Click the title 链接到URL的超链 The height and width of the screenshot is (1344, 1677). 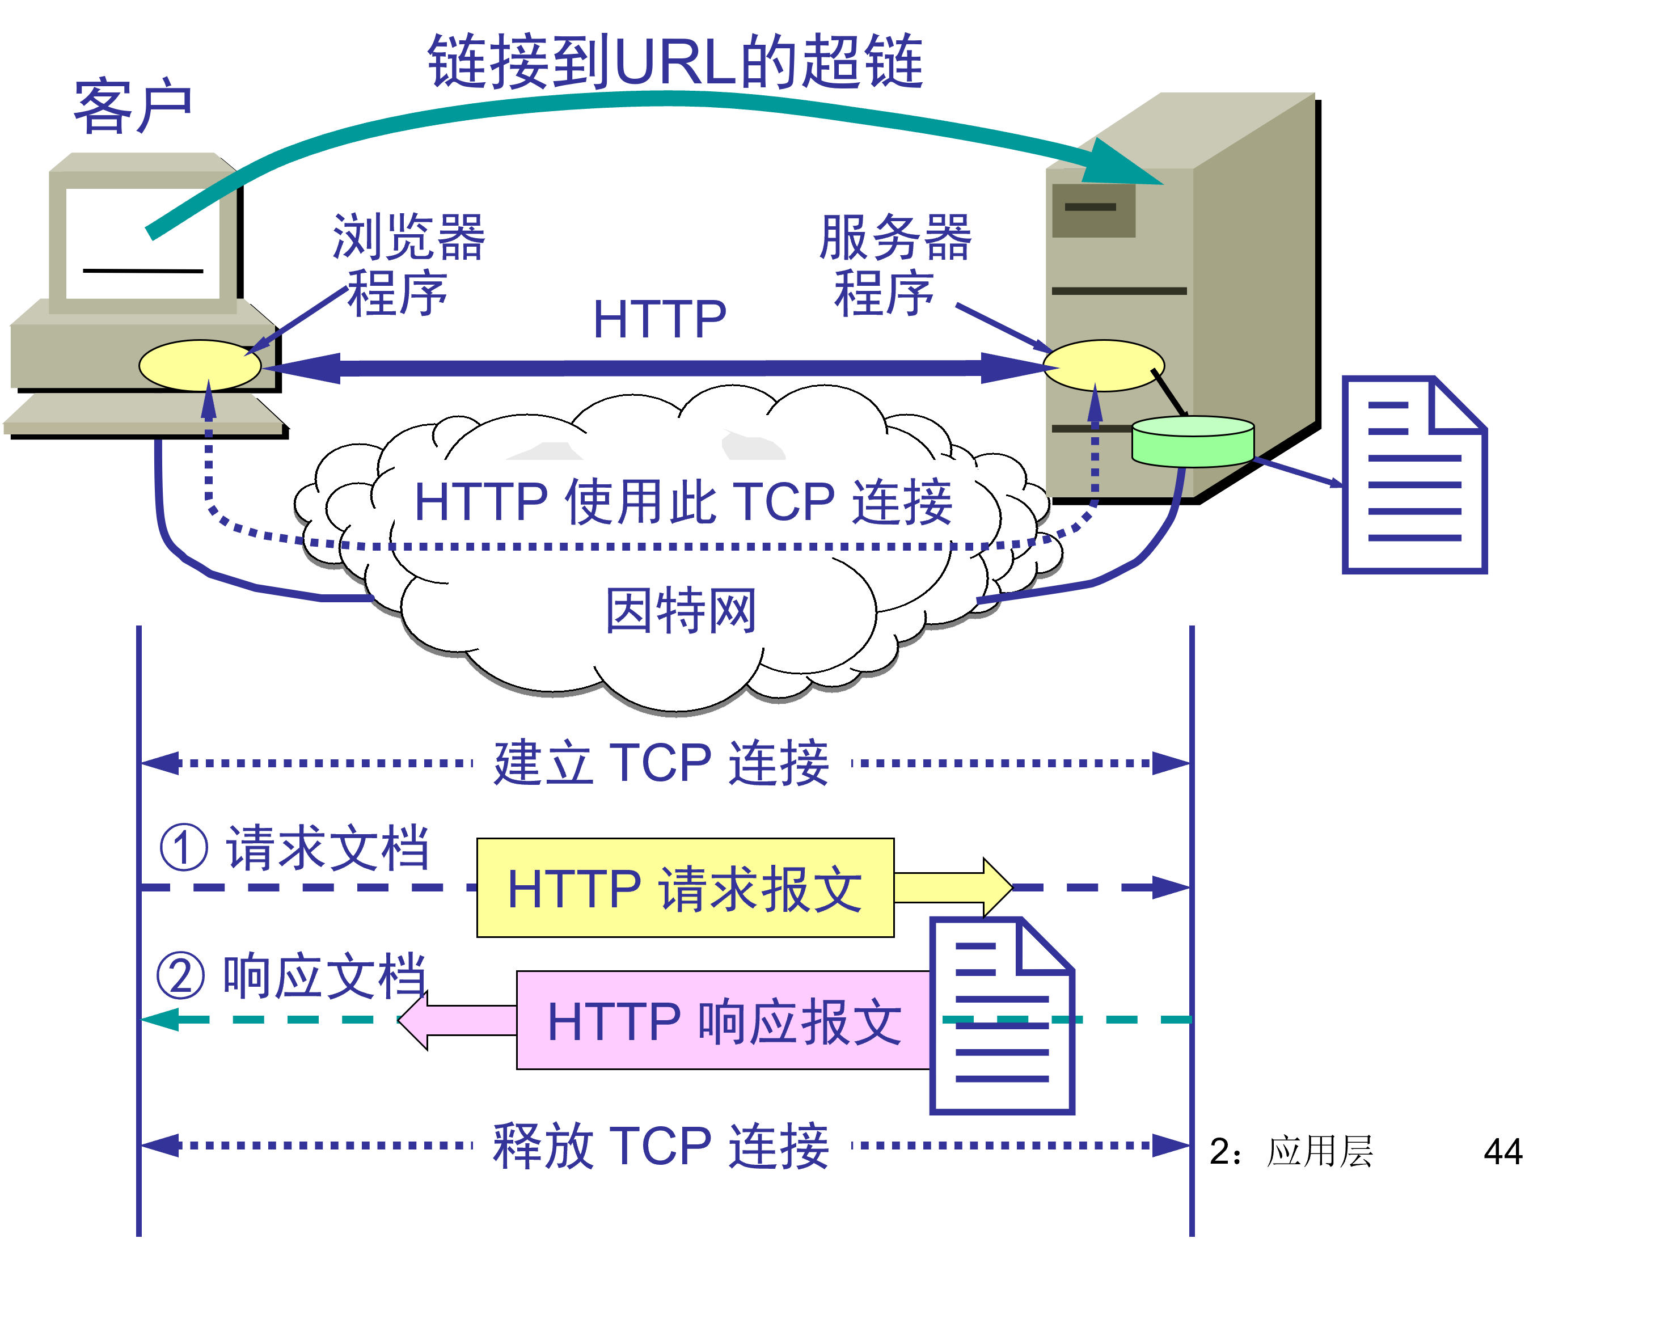(x=675, y=62)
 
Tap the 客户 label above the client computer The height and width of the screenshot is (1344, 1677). (x=132, y=107)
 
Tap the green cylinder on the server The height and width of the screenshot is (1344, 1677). (x=1193, y=442)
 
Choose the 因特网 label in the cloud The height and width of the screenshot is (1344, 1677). (x=681, y=611)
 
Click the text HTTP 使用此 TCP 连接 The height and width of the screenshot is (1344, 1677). (x=683, y=502)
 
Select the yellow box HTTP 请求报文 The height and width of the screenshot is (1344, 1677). (x=685, y=887)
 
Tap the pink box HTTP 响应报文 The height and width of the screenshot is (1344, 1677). (x=724, y=1020)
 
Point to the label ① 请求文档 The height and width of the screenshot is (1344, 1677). (x=294, y=848)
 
